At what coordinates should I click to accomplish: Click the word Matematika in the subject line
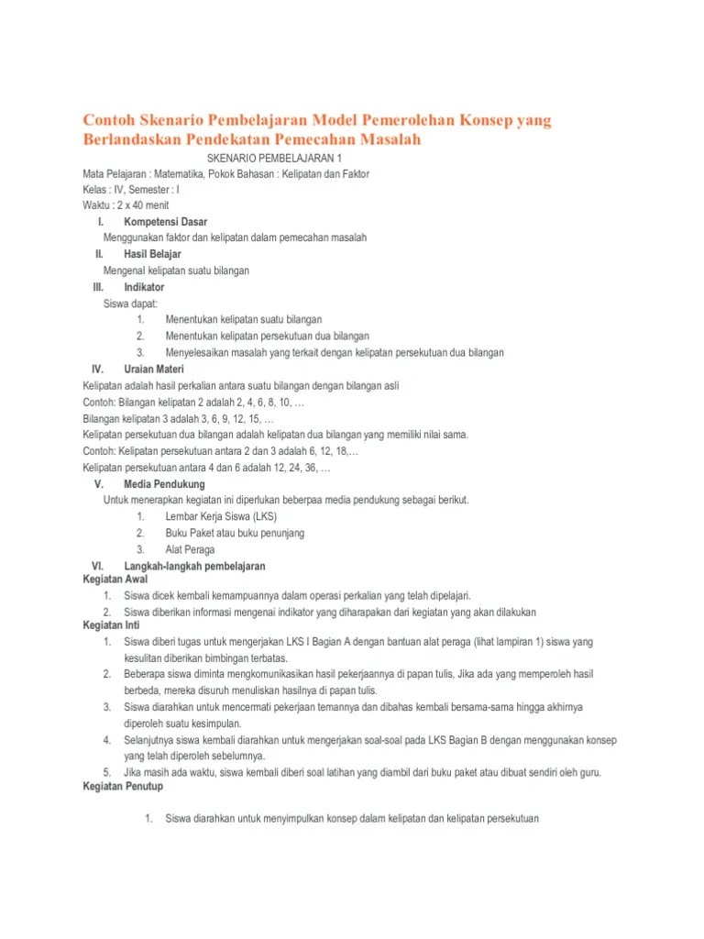pyautogui.click(x=183, y=172)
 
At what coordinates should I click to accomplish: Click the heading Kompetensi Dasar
pyautogui.click(x=165, y=222)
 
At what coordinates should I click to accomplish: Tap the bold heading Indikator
pyautogui.click(x=144, y=287)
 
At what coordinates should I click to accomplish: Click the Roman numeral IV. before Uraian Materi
pyautogui.click(x=99, y=369)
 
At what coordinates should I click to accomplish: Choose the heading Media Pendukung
pyautogui.click(x=164, y=484)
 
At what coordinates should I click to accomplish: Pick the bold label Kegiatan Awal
pyautogui.click(x=115, y=580)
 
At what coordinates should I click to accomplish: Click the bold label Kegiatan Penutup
pyautogui.click(x=121, y=786)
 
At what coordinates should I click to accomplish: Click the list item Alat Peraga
pyautogui.click(x=190, y=549)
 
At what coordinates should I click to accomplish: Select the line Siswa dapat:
pyautogui.click(x=131, y=303)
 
